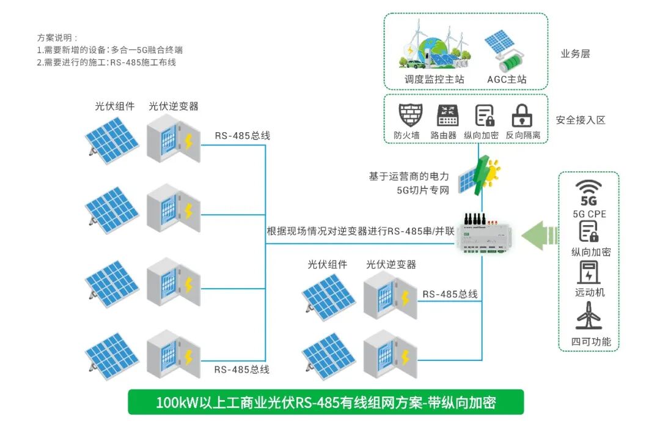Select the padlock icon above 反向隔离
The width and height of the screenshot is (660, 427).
522,115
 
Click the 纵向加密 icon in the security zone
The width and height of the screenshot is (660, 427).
485,115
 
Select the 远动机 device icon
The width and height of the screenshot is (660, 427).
588,272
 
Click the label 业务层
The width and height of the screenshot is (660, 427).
575,54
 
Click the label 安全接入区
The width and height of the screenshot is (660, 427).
581,120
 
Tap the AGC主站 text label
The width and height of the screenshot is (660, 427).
507,80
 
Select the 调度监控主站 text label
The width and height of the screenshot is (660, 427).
434,80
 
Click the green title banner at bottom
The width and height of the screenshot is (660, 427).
326,403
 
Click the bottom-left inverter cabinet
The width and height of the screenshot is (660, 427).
172,355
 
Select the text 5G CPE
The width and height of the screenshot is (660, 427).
588,214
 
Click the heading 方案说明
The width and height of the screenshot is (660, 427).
58,37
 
